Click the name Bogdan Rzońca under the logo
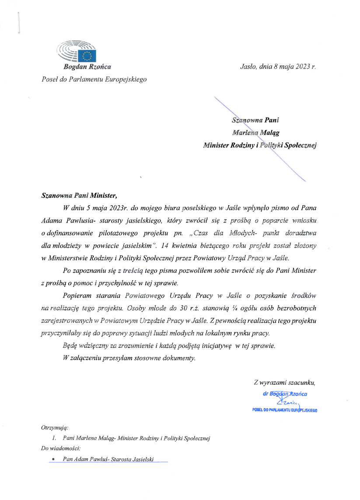tap(87, 67)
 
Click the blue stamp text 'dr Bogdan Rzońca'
tap(285, 394)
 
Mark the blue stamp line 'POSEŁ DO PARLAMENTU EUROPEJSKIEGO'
tap(285, 410)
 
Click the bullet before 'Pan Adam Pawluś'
tap(53, 459)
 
